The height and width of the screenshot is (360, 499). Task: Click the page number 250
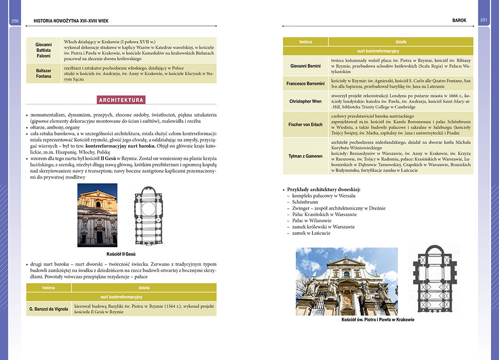14,20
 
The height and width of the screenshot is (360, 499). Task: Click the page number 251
484,20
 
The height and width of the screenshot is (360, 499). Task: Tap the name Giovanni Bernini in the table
306,65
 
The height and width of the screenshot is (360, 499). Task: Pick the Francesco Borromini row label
306,83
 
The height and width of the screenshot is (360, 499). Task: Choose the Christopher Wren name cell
306,101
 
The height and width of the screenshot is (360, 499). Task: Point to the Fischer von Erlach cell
306,124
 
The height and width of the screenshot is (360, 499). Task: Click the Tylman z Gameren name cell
306,156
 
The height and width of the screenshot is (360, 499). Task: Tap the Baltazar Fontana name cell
43,73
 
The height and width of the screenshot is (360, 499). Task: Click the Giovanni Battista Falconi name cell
43,50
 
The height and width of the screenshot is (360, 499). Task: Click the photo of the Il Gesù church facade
97,215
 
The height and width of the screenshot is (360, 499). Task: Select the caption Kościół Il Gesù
121,254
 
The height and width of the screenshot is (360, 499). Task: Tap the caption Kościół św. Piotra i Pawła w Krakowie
378,320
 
